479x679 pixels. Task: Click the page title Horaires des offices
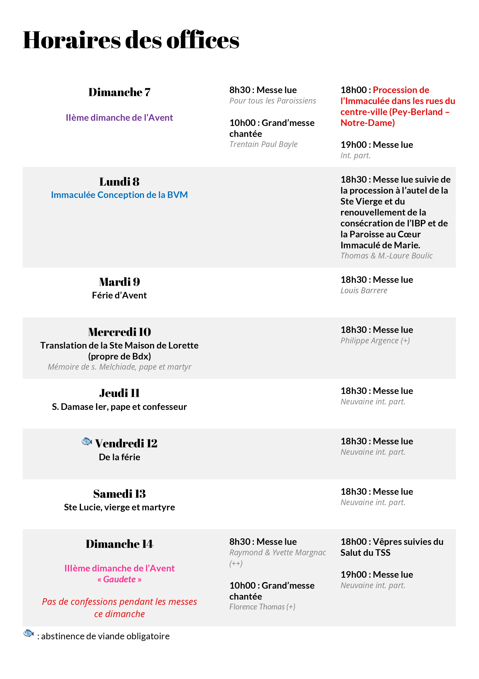pos(131,40)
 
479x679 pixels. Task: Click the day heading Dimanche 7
pos(119,92)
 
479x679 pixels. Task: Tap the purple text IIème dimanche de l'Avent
pos(119,118)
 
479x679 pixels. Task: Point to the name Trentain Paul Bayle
pos(263,144)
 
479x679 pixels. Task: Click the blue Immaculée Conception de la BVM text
pos(119,195)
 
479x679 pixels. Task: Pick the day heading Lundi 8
pos(119,182)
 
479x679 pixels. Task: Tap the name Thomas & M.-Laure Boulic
pos(386,256)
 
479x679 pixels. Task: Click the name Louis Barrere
pos(364,291)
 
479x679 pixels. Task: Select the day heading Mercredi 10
pos(119,332)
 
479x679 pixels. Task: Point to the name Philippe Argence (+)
pos(375,341)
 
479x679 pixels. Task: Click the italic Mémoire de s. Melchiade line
pos(119,367)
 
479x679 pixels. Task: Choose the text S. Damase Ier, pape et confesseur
pos(119,407)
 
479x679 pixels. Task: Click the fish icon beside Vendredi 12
pos(87,442)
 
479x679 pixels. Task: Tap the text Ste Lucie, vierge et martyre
pos(119,508)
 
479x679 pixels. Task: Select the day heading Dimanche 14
pos(119,544)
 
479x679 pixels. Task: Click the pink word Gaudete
pos(119,579)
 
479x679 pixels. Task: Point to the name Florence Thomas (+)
pos(262,607)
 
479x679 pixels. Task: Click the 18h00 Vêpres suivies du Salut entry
pos(391,547)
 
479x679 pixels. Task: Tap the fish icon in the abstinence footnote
pos(28,633)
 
